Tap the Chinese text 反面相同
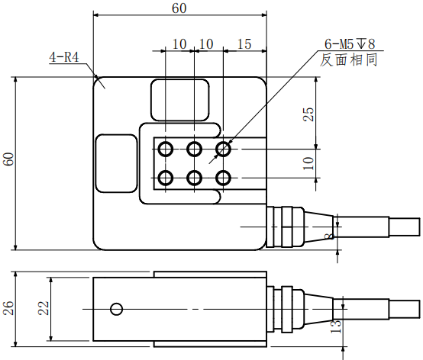348,59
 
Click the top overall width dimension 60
179,8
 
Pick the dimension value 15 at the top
244,44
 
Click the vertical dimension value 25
308,114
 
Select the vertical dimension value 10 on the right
308,162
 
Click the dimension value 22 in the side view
44,307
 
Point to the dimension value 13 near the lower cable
334,326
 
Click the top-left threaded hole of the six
165,148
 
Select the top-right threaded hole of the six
223,148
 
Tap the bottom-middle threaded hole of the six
194,178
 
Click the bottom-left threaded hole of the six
165,178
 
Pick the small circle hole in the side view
116,309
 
